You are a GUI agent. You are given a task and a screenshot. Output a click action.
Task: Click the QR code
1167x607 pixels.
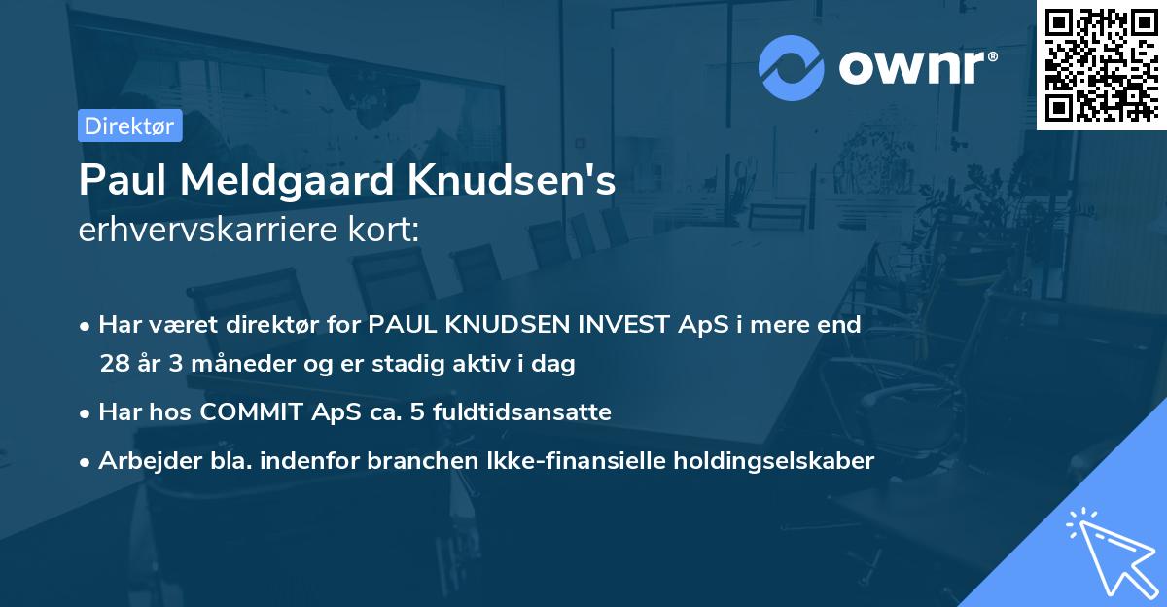tap(1101, 65)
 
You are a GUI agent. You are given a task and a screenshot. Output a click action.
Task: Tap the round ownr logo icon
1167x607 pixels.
tap(791, 67)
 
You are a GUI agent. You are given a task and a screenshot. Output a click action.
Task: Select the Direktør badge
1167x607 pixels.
tap(129, 125)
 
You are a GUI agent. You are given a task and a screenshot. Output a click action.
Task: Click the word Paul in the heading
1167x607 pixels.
tap(117, 182)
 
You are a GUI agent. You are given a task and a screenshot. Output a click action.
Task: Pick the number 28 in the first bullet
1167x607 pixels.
tap(114, 365)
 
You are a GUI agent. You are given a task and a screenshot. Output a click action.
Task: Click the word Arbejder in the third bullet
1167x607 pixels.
tap(140, 461)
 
